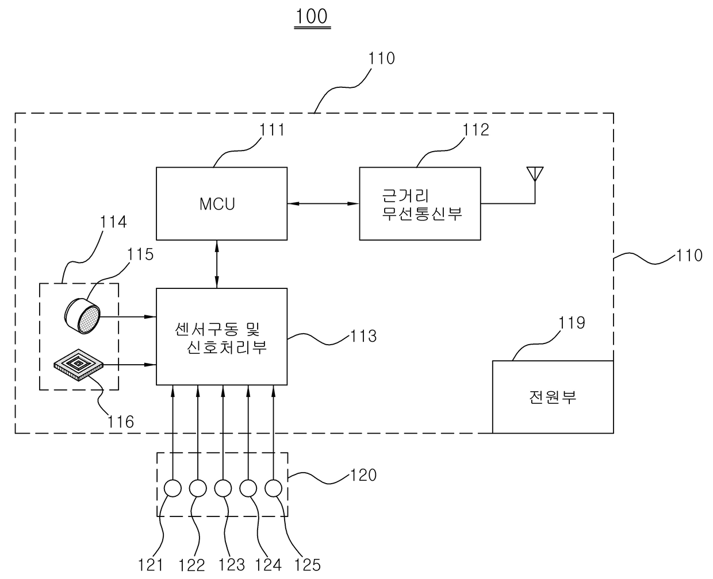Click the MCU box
221,203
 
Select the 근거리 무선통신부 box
420,203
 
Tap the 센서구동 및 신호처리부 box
221,337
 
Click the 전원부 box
553,396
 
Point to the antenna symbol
535,173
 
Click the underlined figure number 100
312,16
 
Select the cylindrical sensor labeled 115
82,315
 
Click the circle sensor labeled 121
172,488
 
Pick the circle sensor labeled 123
223,488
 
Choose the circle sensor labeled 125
274,488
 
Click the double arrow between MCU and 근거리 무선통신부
323,203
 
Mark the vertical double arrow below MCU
217,264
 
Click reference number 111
271,130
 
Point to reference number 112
476,130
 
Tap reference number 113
363,336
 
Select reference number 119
572,323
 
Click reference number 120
363,475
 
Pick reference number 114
113,222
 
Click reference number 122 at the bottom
191,565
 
